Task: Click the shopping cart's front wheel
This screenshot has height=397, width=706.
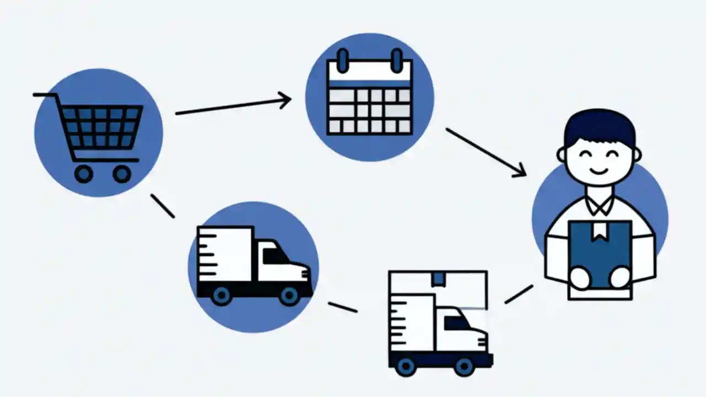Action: tap(122, 174)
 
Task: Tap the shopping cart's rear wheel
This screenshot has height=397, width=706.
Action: tap(84, 174)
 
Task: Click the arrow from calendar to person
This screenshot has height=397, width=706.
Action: tap(485, 153)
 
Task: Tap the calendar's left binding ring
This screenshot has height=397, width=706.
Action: tap(343, 60)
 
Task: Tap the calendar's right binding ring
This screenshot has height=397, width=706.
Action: tap(397, 60)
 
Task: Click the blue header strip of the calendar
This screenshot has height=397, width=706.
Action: tap(370, 83)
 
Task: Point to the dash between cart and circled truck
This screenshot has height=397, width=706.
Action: tap(163, 206)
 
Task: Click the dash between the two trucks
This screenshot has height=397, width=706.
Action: tap(343, 307)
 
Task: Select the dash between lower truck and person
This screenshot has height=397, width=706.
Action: tap(518, 294)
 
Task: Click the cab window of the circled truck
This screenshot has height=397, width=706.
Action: tap(276, 256)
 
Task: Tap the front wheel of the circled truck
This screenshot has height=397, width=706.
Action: tap(289, 296)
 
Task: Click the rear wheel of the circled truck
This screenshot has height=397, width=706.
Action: tap(221, 296)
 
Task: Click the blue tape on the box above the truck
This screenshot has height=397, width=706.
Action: tap(438, 278)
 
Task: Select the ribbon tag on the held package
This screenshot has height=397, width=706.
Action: tap(598, 232)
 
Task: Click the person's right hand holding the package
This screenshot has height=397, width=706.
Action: tap(580, 277)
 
